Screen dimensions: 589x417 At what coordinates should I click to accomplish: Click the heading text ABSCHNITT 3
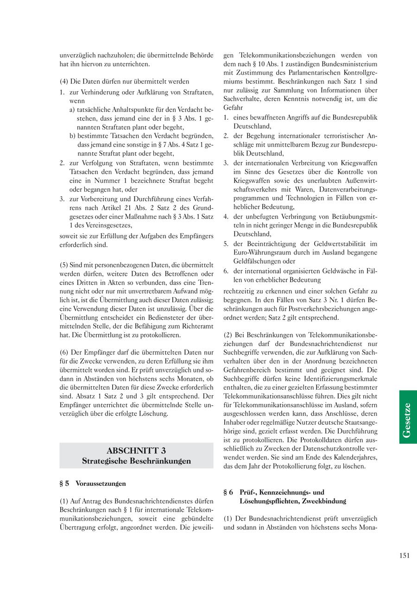136,450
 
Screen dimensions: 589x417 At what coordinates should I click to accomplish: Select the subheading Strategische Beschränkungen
136,461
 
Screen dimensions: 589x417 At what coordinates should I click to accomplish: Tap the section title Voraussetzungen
101,484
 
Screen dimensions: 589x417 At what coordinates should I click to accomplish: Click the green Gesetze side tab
408,417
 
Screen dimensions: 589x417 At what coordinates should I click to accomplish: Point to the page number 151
404,556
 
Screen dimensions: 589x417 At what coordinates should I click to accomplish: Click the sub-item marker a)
72,110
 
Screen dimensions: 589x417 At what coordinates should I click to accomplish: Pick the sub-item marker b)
73,136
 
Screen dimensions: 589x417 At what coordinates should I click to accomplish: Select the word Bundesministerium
348,64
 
